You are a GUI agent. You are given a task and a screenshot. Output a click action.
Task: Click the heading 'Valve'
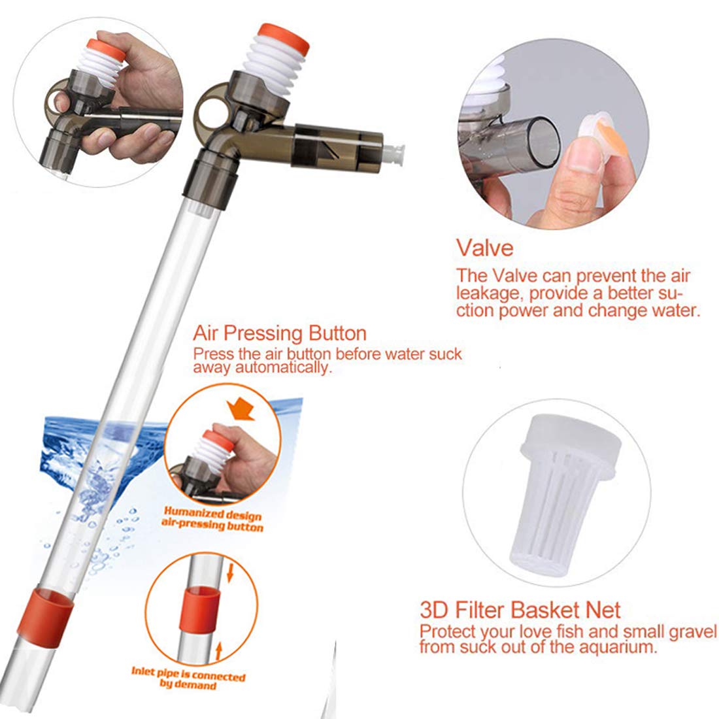(484, 248)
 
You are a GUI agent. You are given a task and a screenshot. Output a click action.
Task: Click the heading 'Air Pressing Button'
(279, 333)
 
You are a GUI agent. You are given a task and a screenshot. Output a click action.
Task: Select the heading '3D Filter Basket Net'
(520, 610)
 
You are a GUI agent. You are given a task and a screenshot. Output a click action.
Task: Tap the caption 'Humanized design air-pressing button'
(213, 518)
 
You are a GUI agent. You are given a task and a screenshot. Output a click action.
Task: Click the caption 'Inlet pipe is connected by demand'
(188, 680)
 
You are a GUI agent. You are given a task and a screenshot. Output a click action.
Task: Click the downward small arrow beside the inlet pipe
(229, 576)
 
